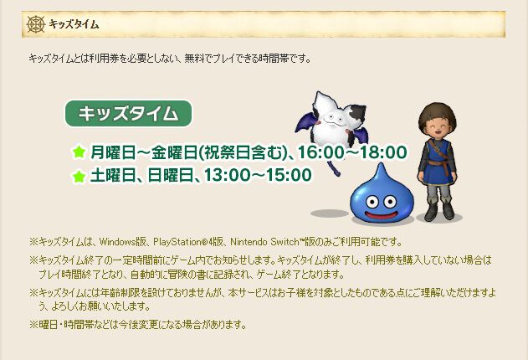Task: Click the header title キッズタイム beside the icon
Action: [x=74, y=24]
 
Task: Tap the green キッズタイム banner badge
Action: [x=128, y=114]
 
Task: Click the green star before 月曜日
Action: [x=79, y=152]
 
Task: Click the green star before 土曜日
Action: [x=79, y=176]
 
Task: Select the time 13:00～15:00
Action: [x=269, y=175]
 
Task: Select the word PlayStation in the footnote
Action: [x=178, y=239]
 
